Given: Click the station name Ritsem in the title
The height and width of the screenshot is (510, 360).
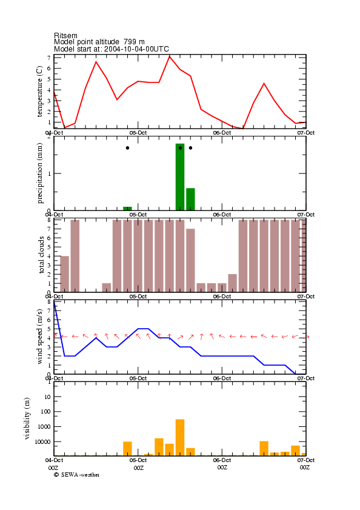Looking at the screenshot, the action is [65, 35].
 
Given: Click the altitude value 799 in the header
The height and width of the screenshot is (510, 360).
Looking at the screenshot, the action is [130, 42].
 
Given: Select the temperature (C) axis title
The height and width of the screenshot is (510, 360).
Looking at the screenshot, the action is [39, 92].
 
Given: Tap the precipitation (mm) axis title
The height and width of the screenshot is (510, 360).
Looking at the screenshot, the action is [39, 173].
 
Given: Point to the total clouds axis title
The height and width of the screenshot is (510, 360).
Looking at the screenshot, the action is [41, 255].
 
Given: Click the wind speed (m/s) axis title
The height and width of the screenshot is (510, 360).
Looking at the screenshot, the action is [39, 337].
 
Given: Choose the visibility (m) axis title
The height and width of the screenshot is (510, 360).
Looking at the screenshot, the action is [27, 418].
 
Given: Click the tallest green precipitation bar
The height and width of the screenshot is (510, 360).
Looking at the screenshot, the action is [180, 177].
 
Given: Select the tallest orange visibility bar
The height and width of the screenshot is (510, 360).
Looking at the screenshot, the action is [180, 437].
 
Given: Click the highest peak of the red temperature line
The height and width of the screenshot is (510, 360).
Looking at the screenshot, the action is [170, 56].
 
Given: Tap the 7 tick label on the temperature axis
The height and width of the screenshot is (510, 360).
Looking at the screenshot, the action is [49, 58].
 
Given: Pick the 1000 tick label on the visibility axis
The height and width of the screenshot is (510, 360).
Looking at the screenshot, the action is [44, 426].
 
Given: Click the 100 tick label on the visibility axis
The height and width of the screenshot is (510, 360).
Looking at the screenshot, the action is [45, 411].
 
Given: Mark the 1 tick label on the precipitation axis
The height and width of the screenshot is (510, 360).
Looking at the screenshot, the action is [50, 173].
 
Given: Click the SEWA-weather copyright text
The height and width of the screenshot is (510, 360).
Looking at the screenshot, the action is [77, 475].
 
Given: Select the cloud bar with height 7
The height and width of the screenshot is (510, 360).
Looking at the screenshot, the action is [190, 260].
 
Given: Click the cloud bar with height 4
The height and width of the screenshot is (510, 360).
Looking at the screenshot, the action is [64, 274].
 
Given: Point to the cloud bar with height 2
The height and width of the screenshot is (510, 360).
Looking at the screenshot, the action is [232, 283].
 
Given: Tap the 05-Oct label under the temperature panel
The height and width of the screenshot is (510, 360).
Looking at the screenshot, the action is [138, 133].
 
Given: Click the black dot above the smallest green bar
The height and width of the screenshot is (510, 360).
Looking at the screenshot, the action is [127, 148].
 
